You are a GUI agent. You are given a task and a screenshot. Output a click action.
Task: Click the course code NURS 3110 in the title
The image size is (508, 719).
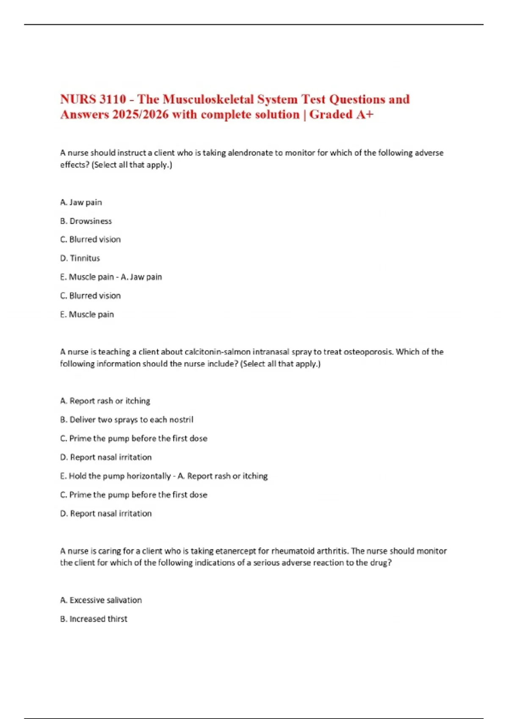coord(93,99)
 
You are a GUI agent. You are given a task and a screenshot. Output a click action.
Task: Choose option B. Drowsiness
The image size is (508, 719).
coord(86,221)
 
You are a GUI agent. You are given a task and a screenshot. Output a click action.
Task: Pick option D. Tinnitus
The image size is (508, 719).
coord(80,258)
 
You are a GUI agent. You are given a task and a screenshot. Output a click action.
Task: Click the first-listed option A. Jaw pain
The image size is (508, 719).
coord(81,202)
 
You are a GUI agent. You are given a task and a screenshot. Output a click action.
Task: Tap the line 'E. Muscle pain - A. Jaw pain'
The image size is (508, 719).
coord(111,277)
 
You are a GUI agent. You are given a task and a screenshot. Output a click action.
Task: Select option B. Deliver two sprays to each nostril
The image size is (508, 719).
coord(127,420)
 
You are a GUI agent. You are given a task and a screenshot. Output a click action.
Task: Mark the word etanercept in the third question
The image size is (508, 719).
coord(235,551)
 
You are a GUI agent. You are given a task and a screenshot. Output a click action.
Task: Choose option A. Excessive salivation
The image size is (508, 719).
coord(101,600)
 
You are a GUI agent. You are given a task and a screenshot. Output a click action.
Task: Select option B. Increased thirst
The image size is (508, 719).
coord(94,619)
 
